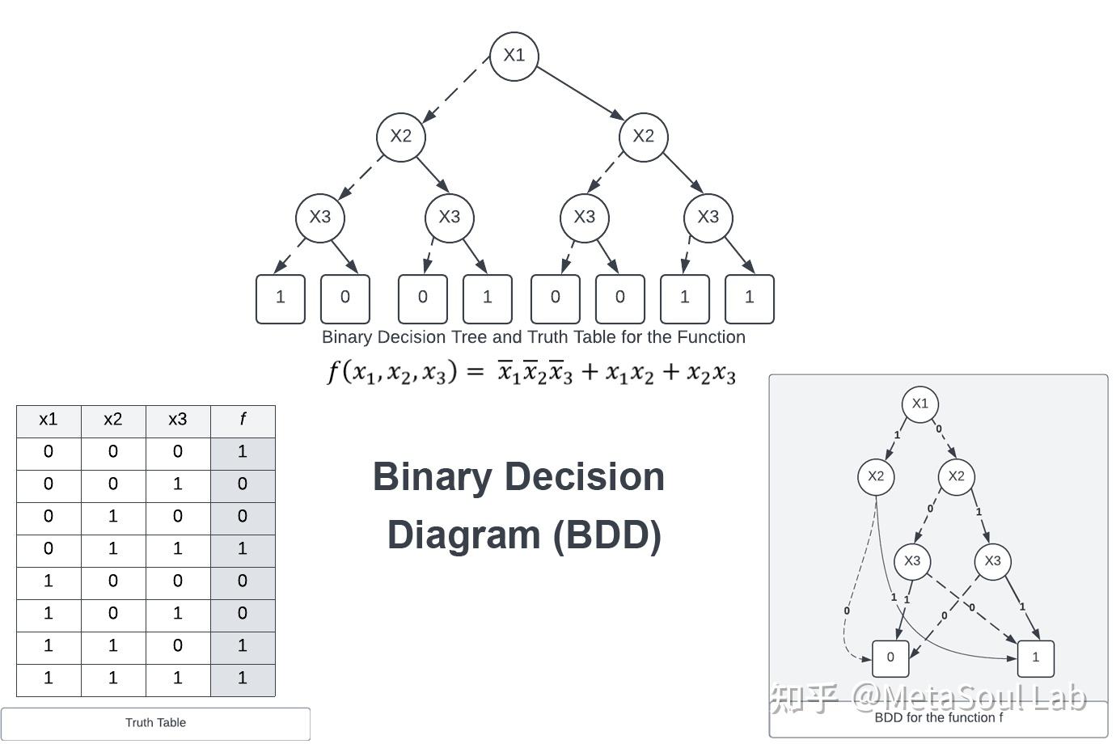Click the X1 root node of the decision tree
[514, 56]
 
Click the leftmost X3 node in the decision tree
[320, 218]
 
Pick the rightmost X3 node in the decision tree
[708, 218]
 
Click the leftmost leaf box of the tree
[281, 298]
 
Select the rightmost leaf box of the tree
[750, 298]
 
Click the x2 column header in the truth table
[113, 420]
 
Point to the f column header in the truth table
[243, 420]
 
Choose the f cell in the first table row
[243, 452]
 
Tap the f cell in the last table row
[243, 678]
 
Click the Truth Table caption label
[155, 723]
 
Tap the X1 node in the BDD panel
[919, 404]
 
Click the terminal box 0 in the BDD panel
[890, 658]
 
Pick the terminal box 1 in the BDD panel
[1035, 658]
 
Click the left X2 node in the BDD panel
[876, 476]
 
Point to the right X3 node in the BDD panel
[992, 561]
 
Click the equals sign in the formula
[476, 372]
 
